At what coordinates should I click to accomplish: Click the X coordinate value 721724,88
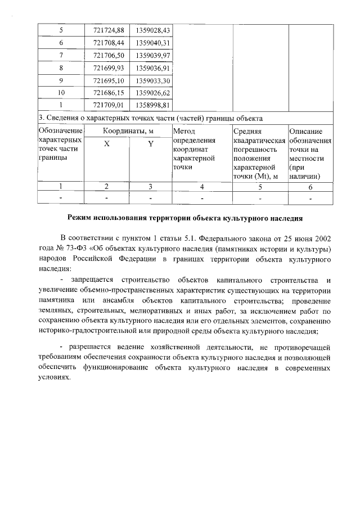pos(108,30)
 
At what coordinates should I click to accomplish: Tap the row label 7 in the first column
pos(61,55)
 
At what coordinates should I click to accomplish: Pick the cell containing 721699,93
pos(108,67)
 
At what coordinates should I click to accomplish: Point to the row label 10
pos(61,92)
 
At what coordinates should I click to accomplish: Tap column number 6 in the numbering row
pos(310,186)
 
